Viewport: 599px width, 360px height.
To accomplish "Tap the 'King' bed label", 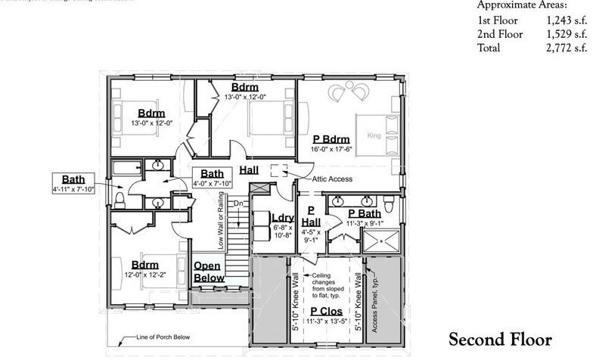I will click(372, 136).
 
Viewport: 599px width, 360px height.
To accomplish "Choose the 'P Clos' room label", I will click(324, 311).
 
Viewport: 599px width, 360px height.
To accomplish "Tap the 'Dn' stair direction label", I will click(238, 203).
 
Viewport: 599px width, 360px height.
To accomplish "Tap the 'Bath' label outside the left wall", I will click(73, 179).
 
